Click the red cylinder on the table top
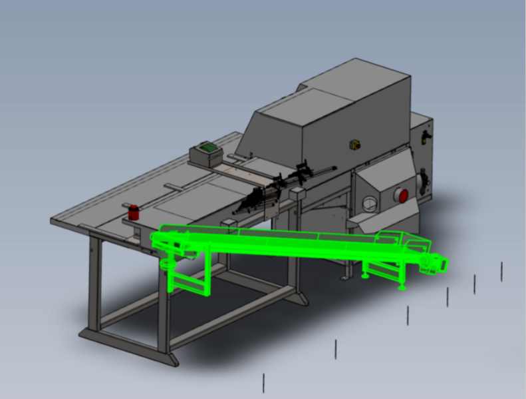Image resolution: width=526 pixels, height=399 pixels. [134, 212]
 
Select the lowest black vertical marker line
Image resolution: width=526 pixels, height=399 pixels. [264, 382]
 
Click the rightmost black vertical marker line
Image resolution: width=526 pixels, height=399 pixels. [501, 271]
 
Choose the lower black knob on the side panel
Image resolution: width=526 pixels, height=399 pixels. [420, 181]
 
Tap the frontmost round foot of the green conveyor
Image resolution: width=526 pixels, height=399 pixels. [402, 288]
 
